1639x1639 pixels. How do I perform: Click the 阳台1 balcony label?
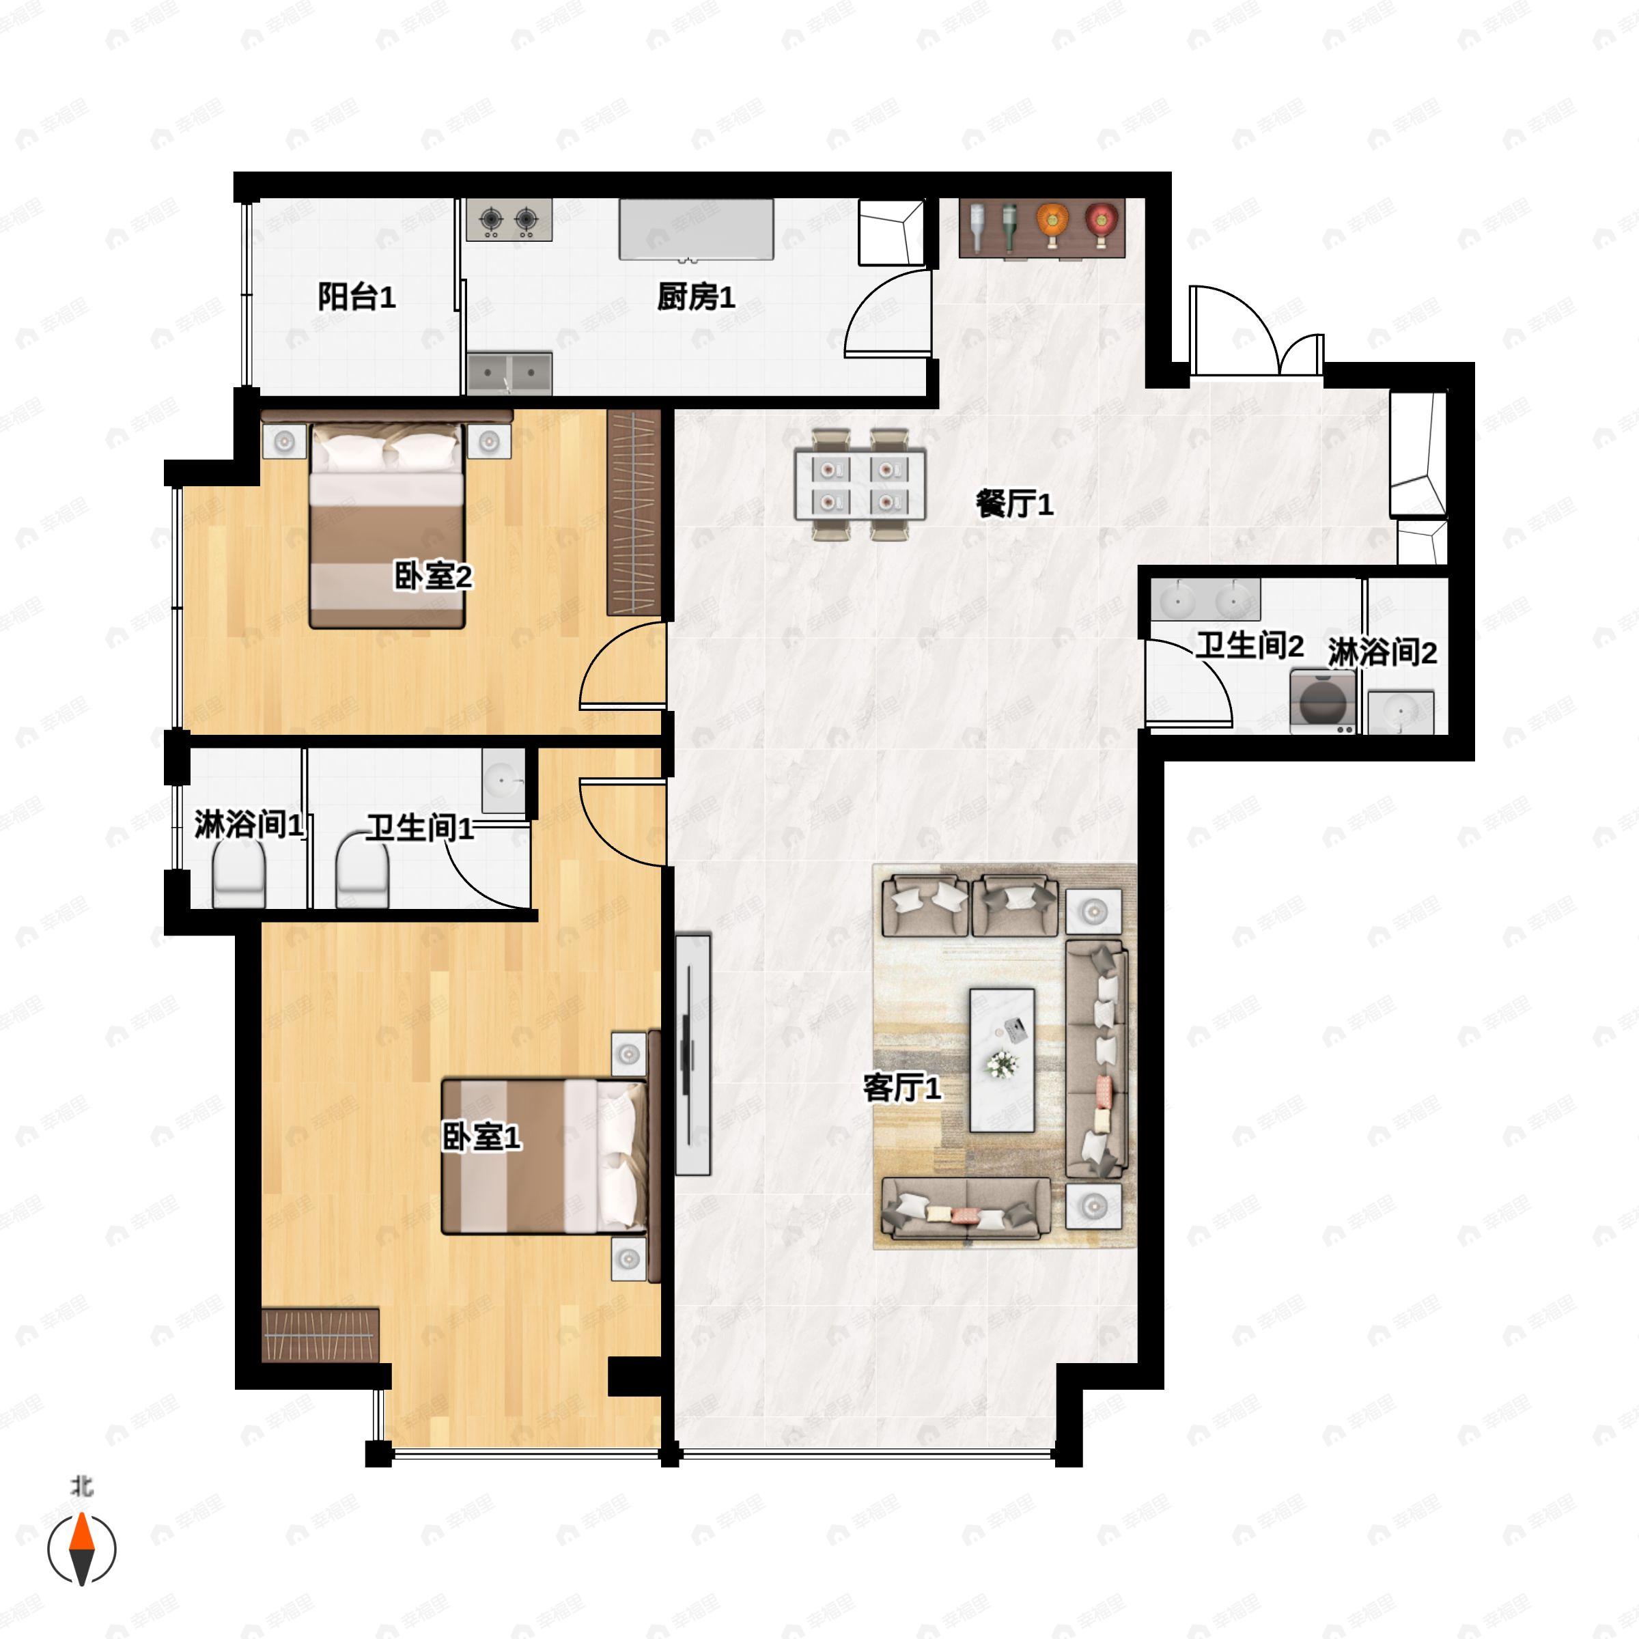point(356,297)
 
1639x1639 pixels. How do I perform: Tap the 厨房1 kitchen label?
point(696,297)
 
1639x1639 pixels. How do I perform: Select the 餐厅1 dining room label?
point(1015,505)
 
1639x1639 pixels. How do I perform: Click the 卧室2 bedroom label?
point(433,577)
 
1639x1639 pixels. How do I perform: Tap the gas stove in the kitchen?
point(509,221)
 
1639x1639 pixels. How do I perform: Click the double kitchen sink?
point(509,374)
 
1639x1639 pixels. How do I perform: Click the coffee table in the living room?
point(1002,1060)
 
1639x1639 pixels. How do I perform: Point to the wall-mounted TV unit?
point(692,1054)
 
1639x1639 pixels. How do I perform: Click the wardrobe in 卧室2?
point(634,512)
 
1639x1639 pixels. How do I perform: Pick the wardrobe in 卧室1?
point(320,1335)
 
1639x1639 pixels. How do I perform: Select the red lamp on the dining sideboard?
point(1100,224)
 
